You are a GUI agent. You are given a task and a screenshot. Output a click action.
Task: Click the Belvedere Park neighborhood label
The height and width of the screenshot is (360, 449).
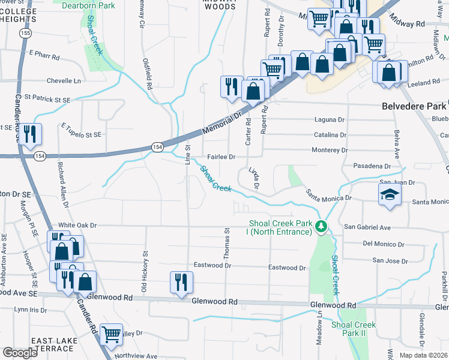(x=414, y=106)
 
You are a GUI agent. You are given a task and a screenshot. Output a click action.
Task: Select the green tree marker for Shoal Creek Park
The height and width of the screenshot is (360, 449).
(x=322, y=226)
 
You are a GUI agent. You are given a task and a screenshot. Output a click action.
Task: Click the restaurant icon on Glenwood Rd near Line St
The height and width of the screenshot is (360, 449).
(x=180, y=282)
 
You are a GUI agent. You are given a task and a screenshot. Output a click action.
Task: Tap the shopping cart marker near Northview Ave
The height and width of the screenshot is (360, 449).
(x=111, y=334)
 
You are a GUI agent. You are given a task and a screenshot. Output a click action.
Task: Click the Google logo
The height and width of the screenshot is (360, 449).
(x=20, y=352)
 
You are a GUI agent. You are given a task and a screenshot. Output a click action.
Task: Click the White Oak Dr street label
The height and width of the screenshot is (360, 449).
(x=77, y=224)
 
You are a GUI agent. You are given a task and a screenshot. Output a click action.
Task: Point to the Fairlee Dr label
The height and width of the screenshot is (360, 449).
(x=220, y=157)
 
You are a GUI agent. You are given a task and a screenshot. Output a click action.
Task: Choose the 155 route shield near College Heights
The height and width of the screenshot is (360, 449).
(x=25, y=34)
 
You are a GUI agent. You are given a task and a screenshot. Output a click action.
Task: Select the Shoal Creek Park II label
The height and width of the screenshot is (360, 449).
(x=354, y=328)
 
